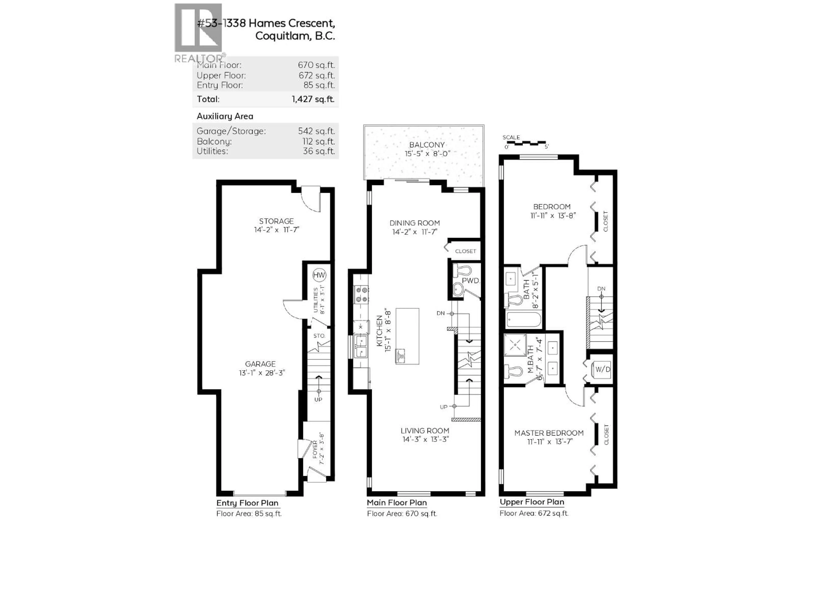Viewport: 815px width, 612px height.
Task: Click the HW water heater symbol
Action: click(x=319, y=275)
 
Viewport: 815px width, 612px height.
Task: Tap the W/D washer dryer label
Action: click(x=603, y=369)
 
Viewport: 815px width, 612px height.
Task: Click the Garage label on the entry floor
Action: click(x=260, y=364)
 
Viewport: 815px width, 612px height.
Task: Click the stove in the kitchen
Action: click(x=361, y=294)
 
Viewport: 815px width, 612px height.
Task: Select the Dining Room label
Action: click(x=415, y=223)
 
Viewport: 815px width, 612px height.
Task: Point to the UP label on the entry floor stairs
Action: click(x=318, y=399)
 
